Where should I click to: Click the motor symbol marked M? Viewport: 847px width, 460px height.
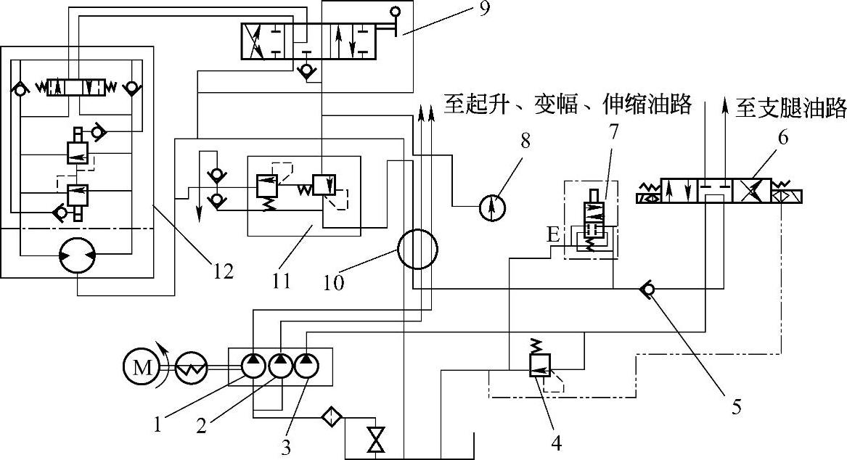[142, 368]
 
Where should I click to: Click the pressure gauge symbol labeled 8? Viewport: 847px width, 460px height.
[493, 208]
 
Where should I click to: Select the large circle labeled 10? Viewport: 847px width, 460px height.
[417, 250]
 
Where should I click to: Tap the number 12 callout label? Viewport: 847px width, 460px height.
[223, 271]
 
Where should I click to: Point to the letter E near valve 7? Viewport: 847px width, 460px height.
[552, 235]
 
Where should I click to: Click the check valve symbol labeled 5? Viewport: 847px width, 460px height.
[646, 290]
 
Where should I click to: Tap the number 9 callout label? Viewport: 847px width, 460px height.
[484, 9]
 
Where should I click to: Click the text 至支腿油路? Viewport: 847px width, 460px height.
[791, 109]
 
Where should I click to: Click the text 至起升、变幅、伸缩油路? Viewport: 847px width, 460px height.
[568, 104]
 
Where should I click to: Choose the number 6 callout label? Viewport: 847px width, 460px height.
[782, 138]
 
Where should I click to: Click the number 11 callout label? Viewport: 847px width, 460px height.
[282, 281]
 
